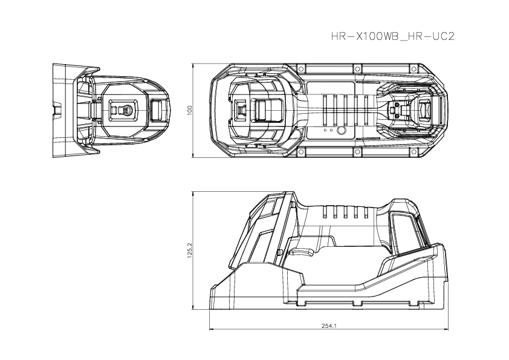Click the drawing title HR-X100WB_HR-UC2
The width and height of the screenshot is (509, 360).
point(392,36)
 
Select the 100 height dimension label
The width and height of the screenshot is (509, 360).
point(189,110)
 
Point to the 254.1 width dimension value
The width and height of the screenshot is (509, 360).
point(329,326)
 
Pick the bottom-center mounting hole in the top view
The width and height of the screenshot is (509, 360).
point(358,153)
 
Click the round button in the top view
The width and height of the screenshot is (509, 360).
point(342,131)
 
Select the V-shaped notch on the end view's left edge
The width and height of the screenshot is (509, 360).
point(56,111)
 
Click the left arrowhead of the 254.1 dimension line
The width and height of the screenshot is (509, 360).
point(211,329)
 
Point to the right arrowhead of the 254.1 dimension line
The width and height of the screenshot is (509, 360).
point(447,329)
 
